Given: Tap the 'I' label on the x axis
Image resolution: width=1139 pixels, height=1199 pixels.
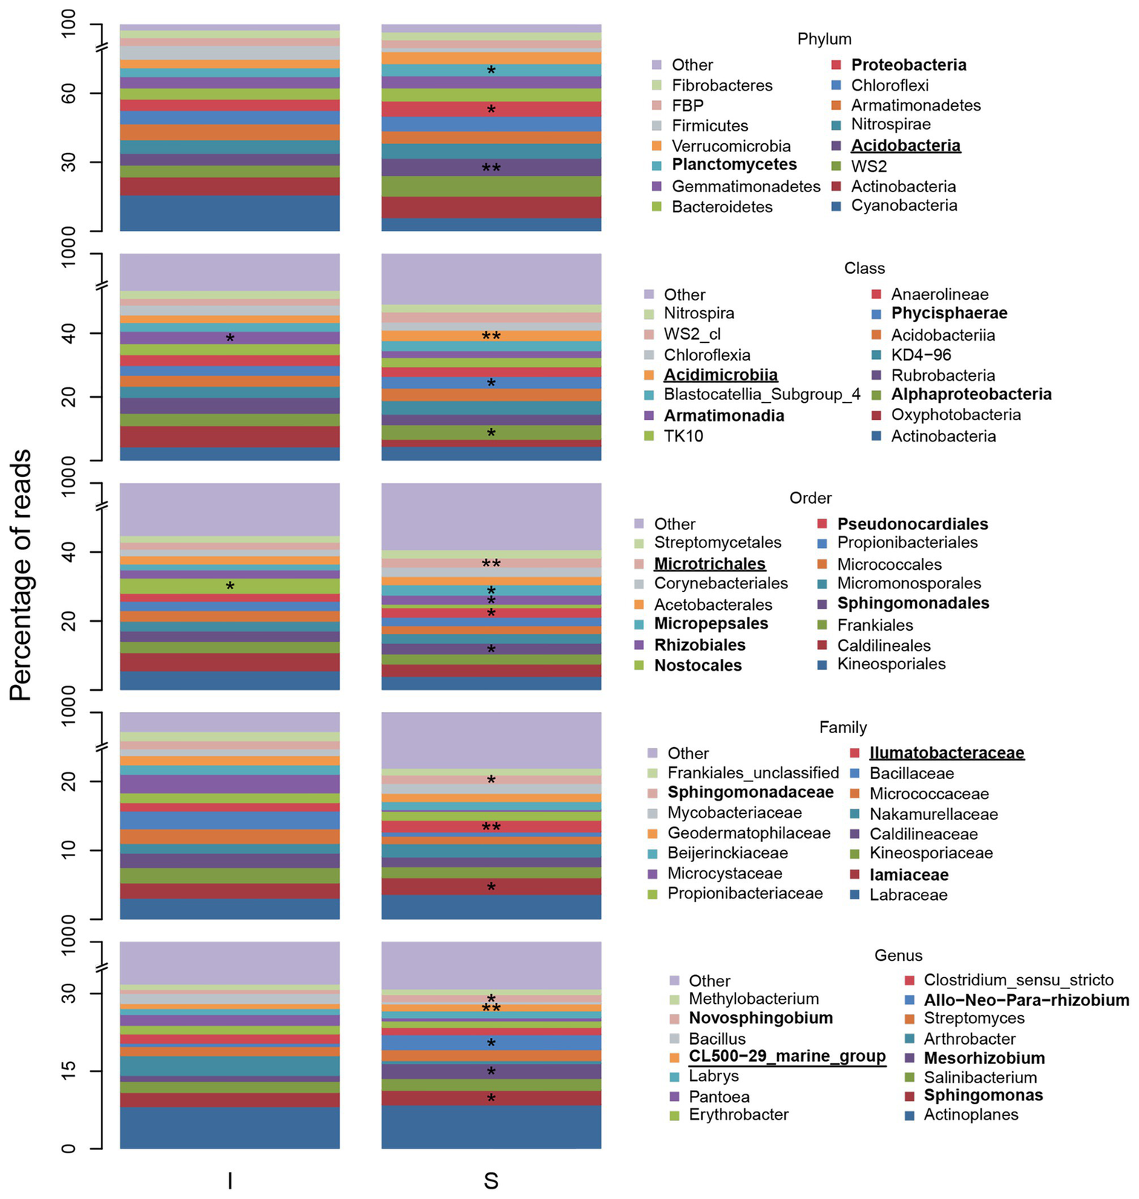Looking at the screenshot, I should (x=230, y=1180).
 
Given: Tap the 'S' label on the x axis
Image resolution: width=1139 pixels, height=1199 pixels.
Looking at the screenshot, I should (x=491, y=1180).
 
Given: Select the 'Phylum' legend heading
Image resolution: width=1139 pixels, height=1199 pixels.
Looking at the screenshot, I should (x=824, y=39).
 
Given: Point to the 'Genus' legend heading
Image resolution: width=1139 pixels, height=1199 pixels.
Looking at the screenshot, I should (x=899, y=956).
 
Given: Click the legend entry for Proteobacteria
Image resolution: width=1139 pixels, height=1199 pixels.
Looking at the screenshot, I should (x=908, y=65).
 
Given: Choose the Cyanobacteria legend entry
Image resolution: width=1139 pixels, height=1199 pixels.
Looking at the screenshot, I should (x=904, y=206).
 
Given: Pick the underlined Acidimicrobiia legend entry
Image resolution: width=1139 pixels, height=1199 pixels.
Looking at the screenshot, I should (x=721, y=375).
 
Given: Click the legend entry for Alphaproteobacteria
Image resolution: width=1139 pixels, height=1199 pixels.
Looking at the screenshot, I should (x=971, y=394).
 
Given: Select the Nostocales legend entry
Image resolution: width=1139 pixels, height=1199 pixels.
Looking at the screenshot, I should (x=697, y=666).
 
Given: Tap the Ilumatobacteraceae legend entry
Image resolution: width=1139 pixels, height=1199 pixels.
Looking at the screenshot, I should (x=946, y=753).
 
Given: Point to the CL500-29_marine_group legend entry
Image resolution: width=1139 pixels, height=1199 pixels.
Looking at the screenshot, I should (x=787, y=1057).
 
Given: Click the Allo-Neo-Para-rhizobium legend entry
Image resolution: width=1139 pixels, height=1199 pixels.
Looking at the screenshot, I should (x=1026, y=1000).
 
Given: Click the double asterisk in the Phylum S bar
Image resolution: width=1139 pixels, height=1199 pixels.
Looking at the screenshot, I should (x=491, y=168).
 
